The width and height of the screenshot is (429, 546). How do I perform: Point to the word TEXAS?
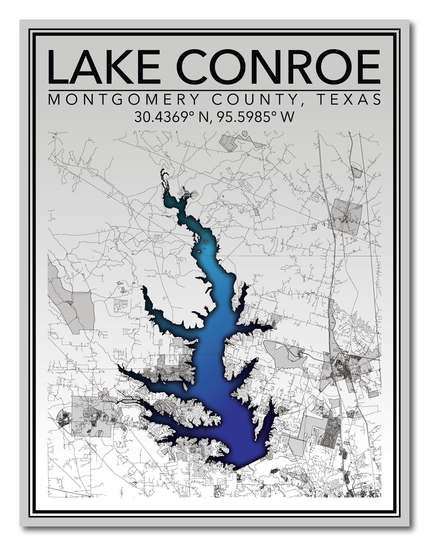coord(350,99)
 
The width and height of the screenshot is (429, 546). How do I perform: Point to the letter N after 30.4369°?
coord(203,117)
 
